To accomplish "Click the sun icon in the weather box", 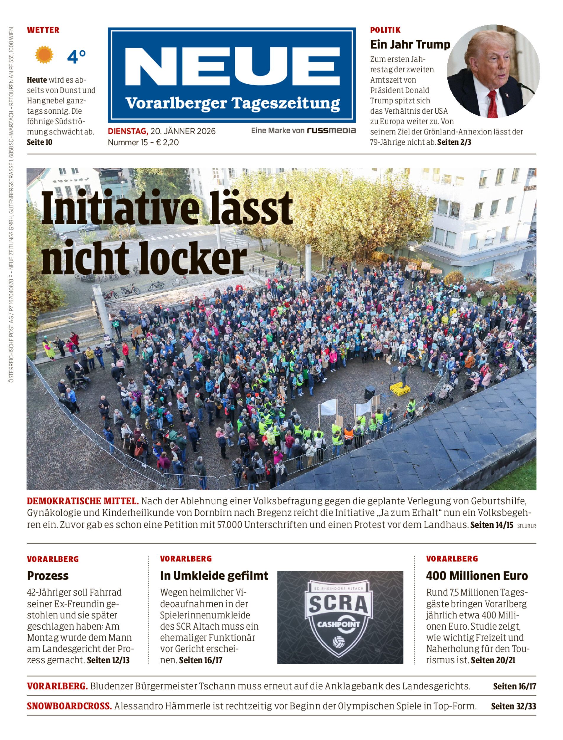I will coord(44,55).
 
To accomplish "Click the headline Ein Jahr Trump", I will coord(410,44).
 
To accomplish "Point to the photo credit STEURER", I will coord(526,526).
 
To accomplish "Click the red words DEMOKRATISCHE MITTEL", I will coord(82,501).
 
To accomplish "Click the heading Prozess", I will coord(48,576).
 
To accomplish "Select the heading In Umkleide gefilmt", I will coord(214,576).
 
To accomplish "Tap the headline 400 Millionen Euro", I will coord(477,576).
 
